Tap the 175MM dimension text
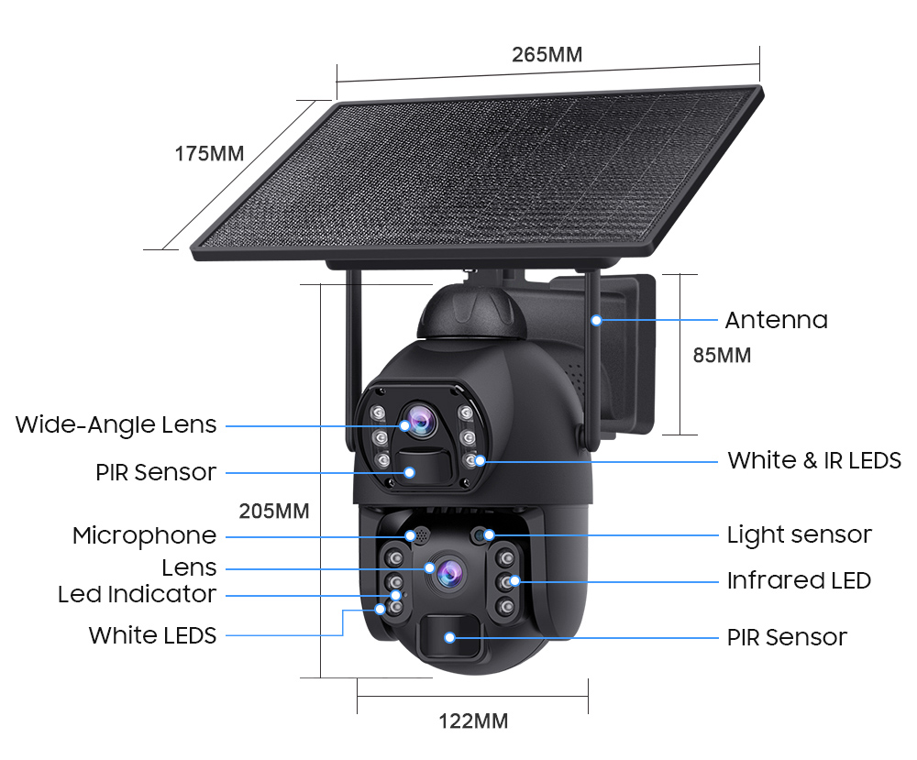(210, 153)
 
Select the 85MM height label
(722, 355)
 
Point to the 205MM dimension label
(274, 511)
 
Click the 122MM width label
(473, 721)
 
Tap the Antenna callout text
(776, 320)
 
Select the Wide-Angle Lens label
(116, 425)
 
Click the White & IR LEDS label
(814, 460)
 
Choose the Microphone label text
(145, 535)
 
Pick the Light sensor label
(799, 534)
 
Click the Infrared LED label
(799, 580)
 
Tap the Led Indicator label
(138, 594)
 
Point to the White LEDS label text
(153, 635)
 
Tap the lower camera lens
(447, 573)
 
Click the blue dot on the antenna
(596, 320)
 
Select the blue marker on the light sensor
(489, 534)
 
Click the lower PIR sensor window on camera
(450, 638)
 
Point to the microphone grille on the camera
(421, 534)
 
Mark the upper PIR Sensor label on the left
(156, 473)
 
